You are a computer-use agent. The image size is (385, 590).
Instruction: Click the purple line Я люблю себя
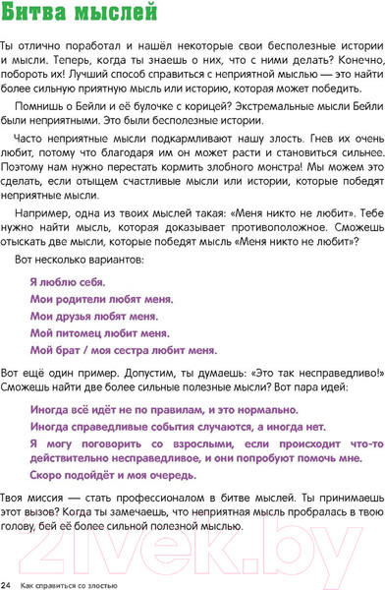61,281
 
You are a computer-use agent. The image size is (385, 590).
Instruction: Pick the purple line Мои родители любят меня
101,298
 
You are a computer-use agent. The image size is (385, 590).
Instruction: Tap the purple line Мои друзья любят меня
93,316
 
